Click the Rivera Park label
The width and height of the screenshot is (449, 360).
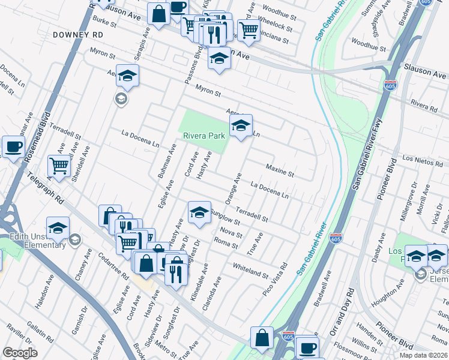(204, 136)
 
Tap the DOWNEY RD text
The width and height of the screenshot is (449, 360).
(78, 35)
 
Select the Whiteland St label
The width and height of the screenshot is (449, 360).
(250, 270)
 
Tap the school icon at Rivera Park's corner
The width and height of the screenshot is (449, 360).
(241, 126)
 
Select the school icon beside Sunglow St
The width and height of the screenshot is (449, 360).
(199, 212)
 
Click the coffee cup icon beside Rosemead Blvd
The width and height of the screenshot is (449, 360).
(13, 146)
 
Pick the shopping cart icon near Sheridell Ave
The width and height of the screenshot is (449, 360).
(58, 165)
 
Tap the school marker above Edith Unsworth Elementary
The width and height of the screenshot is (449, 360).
(58, 228)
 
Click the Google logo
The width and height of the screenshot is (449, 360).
(20, 353)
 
